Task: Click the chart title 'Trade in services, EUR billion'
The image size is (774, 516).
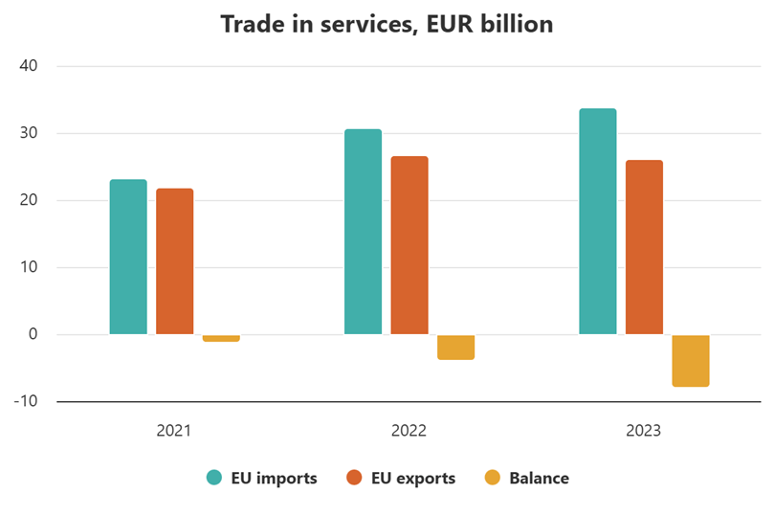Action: tap(387, 24)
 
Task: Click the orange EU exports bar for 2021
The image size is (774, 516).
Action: tap(175, 261)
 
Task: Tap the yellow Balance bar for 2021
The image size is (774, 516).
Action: tap(221, 338)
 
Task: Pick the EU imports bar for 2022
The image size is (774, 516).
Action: tap(364, 232)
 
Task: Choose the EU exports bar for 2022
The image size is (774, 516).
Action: tap(409, 245)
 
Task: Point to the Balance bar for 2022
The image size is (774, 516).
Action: tap(455, 347)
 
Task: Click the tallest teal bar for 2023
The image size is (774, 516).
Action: tap(598, 221)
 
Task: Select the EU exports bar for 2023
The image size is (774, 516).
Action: tap(644, 247)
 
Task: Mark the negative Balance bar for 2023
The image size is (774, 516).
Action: tap(691, 360)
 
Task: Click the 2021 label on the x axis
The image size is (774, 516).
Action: tap(174, 431)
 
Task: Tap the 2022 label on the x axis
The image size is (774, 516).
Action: tap(409, 431)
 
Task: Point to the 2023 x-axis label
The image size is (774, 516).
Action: tap(644, 431)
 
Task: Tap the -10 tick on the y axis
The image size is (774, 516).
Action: tap(25, 401)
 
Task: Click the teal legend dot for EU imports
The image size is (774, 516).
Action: tap(214, 478)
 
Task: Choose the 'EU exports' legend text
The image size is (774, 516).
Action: tap(413, 478)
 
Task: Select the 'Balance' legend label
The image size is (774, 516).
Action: tap(539, 478)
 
